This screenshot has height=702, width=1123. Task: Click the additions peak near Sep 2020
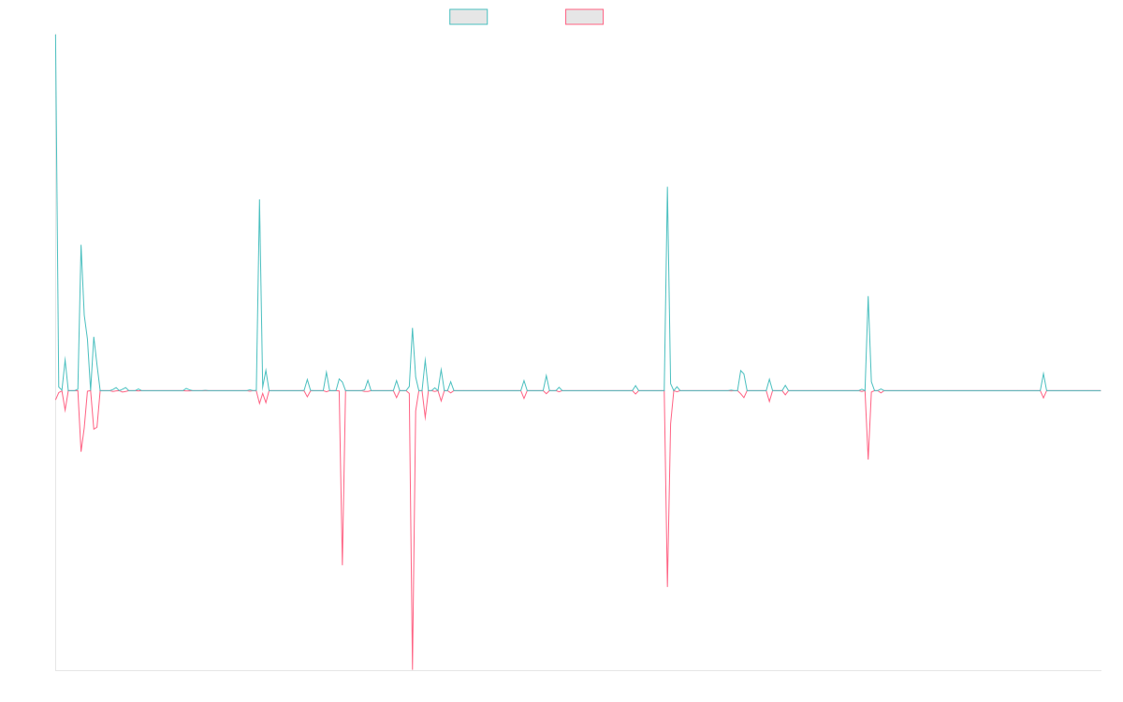pyautogui.click(x=259, y=199)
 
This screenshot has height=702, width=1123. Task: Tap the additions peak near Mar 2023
pyautogui.click(x=667, y=187)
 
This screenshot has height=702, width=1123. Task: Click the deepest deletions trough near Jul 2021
pyautogui.click(x=413, y=669)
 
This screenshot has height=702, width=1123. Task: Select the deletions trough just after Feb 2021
pyautogui.click(x=343, y=564)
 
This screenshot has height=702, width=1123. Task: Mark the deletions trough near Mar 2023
pyautogui.click(x=667, y=586)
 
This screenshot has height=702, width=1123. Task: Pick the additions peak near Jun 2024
pyautogui.click(x=868, y=297)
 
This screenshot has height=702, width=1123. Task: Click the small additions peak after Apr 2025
pyautogui.click(x=1043, y=373)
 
